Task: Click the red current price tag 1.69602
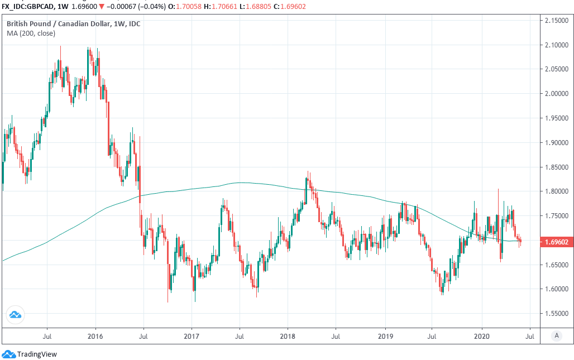[x=554, y=242]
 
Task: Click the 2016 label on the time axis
[x=95, y=337]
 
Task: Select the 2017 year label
[x=192, y=337]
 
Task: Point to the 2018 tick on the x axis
[x=288, y=337]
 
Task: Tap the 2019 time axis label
[x=385, y=337]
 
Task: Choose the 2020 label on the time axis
[x=481, y=337]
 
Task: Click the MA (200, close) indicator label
[x=31, y=33]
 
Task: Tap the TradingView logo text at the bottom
[x=37, y=354]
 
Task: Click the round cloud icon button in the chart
[x=15, y=315]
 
